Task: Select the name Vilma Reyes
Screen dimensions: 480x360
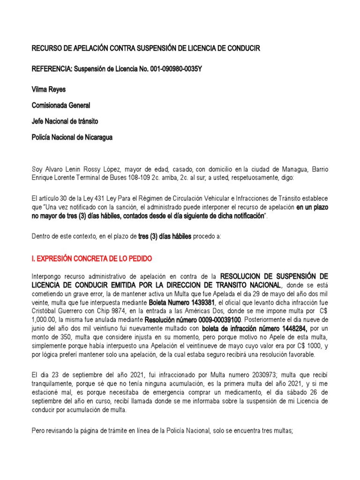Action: (48, 89)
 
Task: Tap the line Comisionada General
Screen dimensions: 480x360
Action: (60, 105)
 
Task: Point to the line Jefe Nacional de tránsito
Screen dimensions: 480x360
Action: (65, 121)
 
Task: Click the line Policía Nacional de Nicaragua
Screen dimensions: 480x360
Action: (72, 137)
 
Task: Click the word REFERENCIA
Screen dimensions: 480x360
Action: (49, 69)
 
